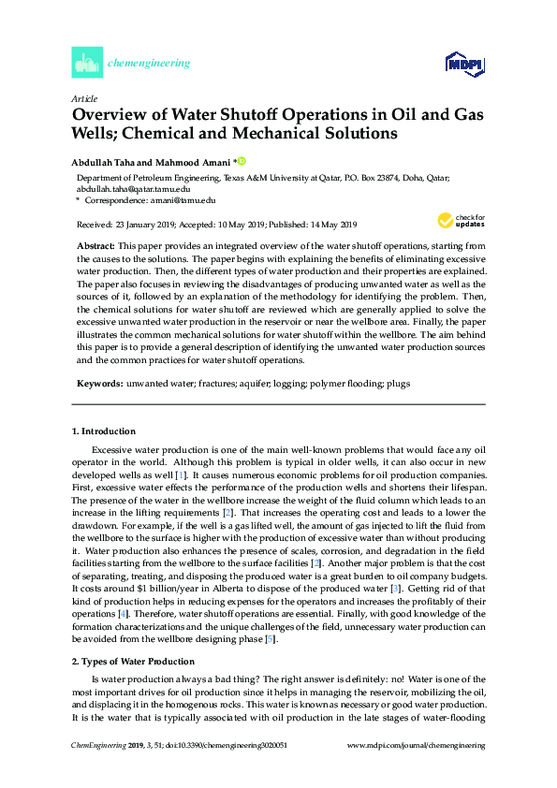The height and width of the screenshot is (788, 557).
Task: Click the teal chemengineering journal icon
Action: click(86, 64)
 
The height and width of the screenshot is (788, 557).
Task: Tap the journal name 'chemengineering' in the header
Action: click(150, 64)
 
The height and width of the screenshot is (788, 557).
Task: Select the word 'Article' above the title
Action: click(84, 98)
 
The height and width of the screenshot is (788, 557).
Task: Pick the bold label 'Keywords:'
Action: click(99, 384)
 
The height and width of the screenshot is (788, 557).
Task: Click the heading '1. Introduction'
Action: click(104, 431)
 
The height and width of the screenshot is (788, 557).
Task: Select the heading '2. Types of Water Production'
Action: click(133, 635)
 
